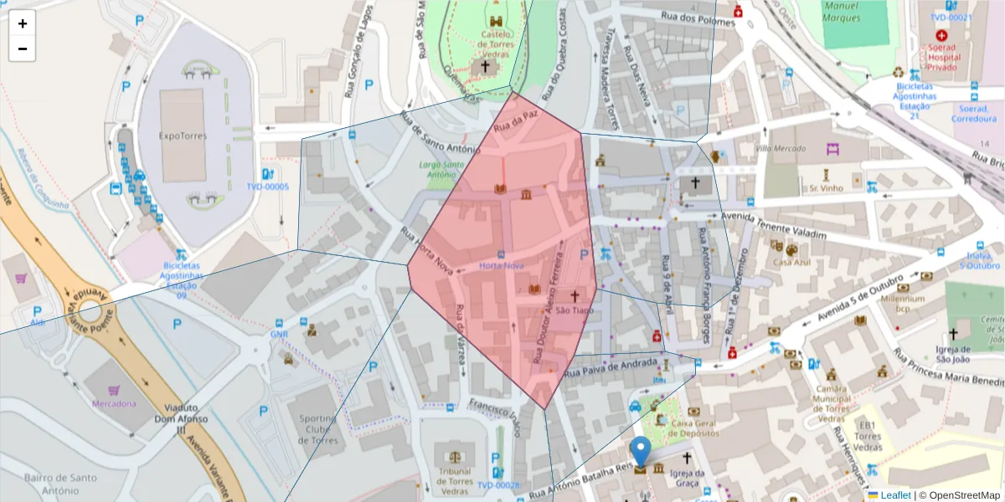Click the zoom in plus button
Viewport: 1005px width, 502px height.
[x=23, y=23]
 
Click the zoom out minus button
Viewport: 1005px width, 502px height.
[x=23, y=49]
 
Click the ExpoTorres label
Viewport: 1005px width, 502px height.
[x=183, y=135]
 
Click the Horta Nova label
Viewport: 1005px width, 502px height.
[x=502, y=265]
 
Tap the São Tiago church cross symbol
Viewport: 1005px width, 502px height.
[x=575, y=296]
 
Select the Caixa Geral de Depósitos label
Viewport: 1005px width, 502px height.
[x=694, y=428]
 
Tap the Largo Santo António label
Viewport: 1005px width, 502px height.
[x=441, y=170]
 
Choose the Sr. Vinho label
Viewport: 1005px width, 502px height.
[x=826, y=188]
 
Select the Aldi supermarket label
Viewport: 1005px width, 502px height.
[x=38, y=323]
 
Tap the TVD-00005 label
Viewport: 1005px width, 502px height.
[x=267, y=187]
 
